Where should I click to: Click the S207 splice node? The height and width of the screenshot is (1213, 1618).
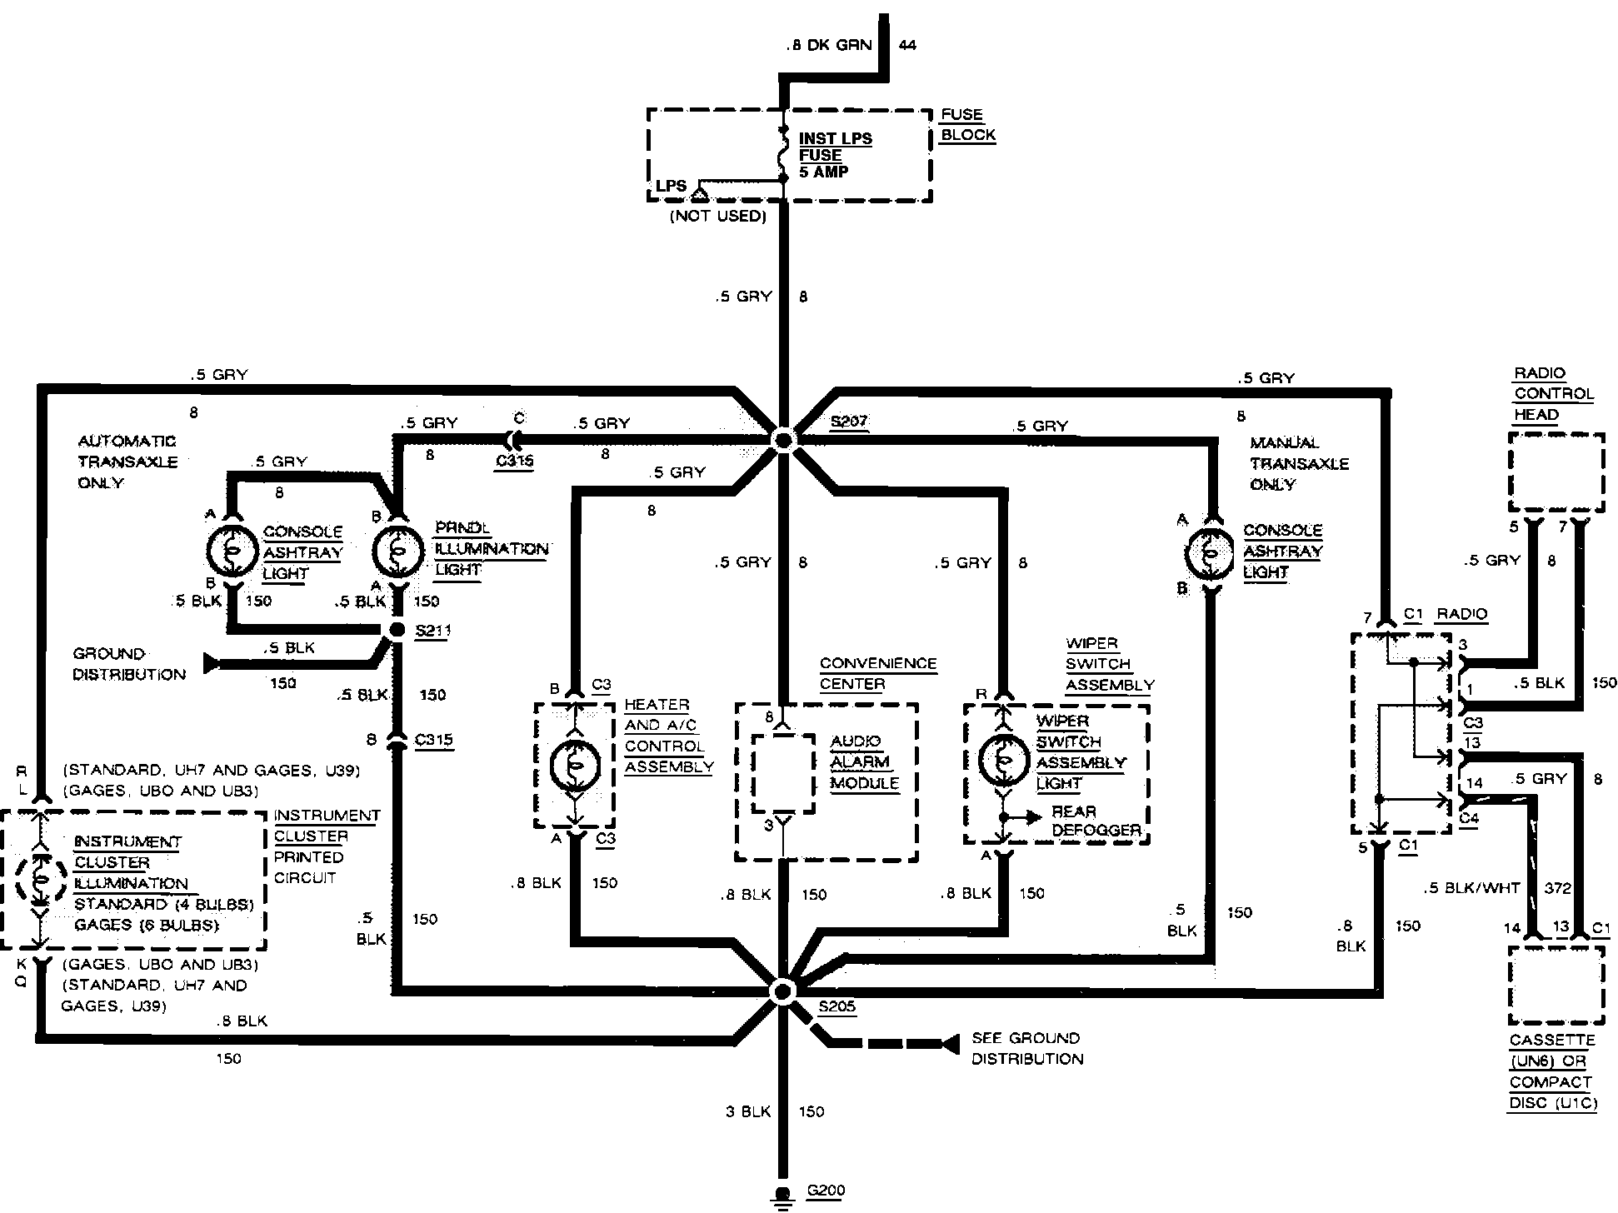783,439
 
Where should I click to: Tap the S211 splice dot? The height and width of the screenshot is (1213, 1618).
398,631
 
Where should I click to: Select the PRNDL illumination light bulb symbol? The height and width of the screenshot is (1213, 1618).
397,550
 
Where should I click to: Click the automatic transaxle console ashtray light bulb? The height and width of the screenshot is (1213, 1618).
232,550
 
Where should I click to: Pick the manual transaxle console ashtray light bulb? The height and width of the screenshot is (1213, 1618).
1209,552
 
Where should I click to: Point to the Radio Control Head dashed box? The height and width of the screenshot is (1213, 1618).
1556,472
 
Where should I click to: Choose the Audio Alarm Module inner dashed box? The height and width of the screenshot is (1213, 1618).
783,772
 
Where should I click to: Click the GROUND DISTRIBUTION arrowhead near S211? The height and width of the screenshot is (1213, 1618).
212,663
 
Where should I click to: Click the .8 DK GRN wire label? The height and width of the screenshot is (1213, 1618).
829,45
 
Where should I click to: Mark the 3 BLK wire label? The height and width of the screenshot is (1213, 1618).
748,1111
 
